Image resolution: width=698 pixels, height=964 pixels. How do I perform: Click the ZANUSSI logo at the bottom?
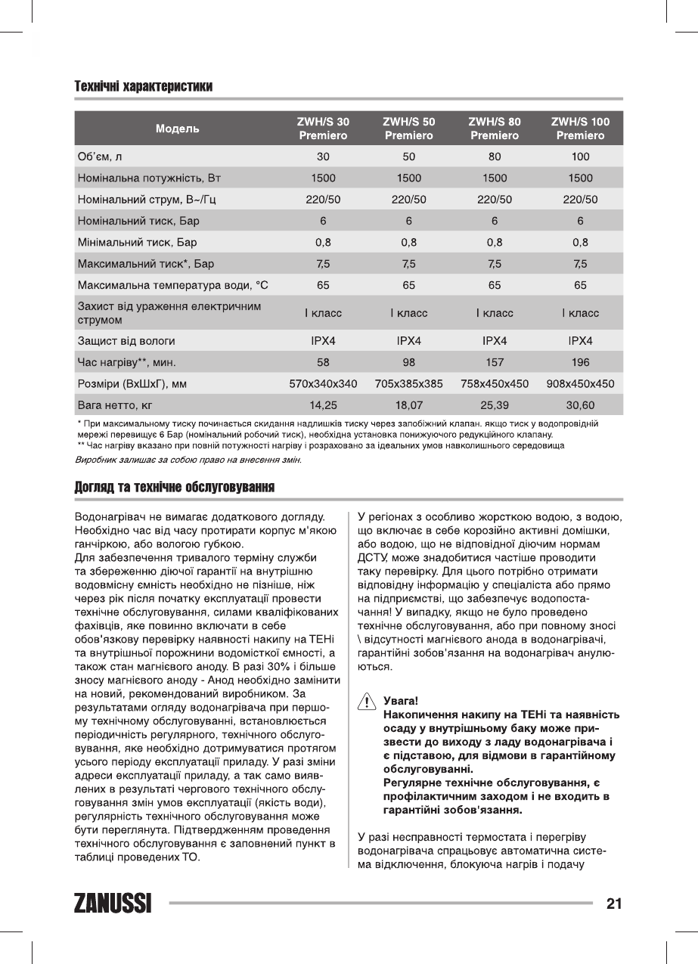point(113,903)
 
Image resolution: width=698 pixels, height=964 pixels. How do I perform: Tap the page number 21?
point(613,904)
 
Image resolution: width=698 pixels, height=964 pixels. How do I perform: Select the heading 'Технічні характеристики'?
point(143,86)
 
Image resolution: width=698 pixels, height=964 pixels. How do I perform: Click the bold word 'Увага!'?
point(401,701)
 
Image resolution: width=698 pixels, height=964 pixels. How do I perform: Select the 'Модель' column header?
point(178,129)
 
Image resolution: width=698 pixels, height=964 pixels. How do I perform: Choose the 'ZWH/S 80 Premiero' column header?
point(495,129)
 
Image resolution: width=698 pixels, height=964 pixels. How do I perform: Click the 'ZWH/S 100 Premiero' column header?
point(580,129)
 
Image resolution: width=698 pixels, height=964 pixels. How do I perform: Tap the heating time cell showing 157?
point(495,362)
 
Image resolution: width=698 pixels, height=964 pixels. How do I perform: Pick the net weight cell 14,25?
point(323,405)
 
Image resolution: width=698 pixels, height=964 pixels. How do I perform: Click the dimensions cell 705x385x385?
point(408,384)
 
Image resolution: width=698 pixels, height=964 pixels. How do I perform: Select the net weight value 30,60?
point(580,405)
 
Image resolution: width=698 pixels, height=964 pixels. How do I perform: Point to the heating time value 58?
point(323,362)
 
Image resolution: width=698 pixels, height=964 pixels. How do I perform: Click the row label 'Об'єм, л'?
point(100,157)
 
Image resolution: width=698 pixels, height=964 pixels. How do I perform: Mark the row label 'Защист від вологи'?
point(126,341)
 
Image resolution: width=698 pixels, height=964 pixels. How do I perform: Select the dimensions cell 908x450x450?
point(580,384)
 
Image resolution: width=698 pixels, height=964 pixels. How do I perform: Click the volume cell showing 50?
point(408,157)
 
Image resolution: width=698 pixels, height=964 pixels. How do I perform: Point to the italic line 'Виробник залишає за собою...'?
point(189,460)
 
